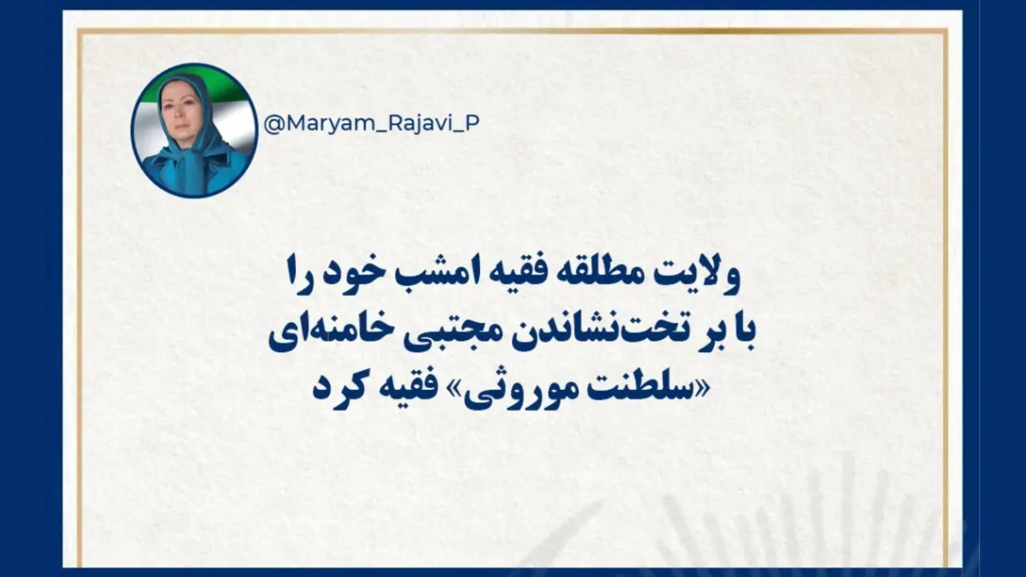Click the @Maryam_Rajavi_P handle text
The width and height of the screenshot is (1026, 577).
[x=371, y=124]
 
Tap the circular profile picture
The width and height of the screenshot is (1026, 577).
[x=195, y=130]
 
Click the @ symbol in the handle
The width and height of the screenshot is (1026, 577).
[x=273, y=124]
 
